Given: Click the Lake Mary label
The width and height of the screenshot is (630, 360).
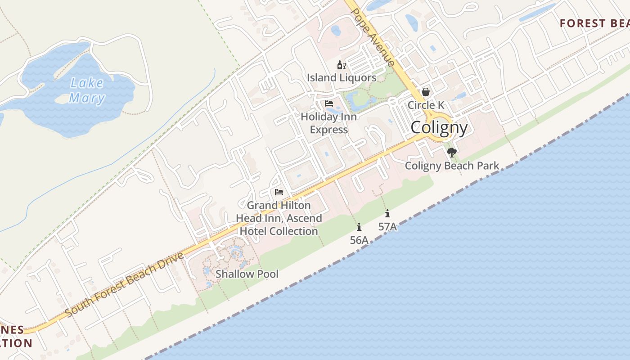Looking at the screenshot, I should (87, 90).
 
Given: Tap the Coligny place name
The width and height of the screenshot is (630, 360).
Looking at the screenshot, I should (439, 128).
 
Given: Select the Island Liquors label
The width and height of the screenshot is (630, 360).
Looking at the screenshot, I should (342, 78).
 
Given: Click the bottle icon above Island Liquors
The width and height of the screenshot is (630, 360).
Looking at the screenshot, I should (341, 65).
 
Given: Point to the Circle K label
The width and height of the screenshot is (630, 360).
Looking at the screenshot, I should (426, 105).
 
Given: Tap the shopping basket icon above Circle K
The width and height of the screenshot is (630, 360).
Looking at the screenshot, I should (426, 92).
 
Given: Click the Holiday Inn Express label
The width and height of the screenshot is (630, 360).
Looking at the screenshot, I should (329, 123).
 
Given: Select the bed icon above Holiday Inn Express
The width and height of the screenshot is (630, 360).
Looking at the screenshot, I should (329, 103).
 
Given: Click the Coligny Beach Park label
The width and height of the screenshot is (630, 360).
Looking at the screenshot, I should (452, 166).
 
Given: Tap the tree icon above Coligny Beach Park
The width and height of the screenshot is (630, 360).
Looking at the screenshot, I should (452, 152).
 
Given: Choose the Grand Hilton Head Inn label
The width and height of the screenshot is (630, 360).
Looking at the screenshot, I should (279, 218).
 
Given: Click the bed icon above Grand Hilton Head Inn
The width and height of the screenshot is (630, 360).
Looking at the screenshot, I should (279, 192).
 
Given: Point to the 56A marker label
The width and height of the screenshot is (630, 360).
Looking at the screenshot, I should (359, 240).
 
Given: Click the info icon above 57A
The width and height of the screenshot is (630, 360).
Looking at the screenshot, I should (387, 213).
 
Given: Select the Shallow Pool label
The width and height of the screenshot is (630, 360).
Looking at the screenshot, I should (247, 274).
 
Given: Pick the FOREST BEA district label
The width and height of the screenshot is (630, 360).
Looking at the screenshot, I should (594, 23).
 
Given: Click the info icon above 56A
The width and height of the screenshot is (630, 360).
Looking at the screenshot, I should (359, 227).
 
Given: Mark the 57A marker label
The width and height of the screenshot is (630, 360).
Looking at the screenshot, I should (387, 227).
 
